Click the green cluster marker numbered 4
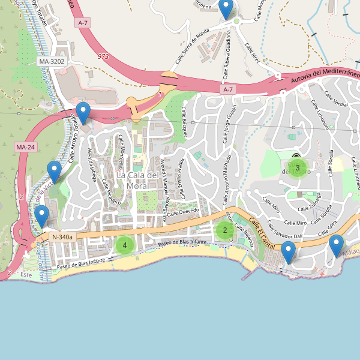pyautogui.click(x=125, y=245)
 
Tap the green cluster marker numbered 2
pyautogui.click(x=225, y=230)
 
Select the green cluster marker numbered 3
pyautogui.click(x=297, y=167)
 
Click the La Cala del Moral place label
pyautogui.click(x=139, y=180)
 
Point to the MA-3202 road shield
pyautogui.click(x=50, y=62)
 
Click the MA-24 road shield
pyautogui.click(x=25, y=147)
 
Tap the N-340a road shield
pyautogui.click(x=62, y=237)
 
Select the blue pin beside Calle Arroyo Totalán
pyautogui.click(x=83, y=112)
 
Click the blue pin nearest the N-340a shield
pyautogui.click(x=41, y=215)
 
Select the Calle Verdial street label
pyautogui.click(x=336, y=100)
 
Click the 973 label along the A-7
pyautogui.click(x=104, y=56)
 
